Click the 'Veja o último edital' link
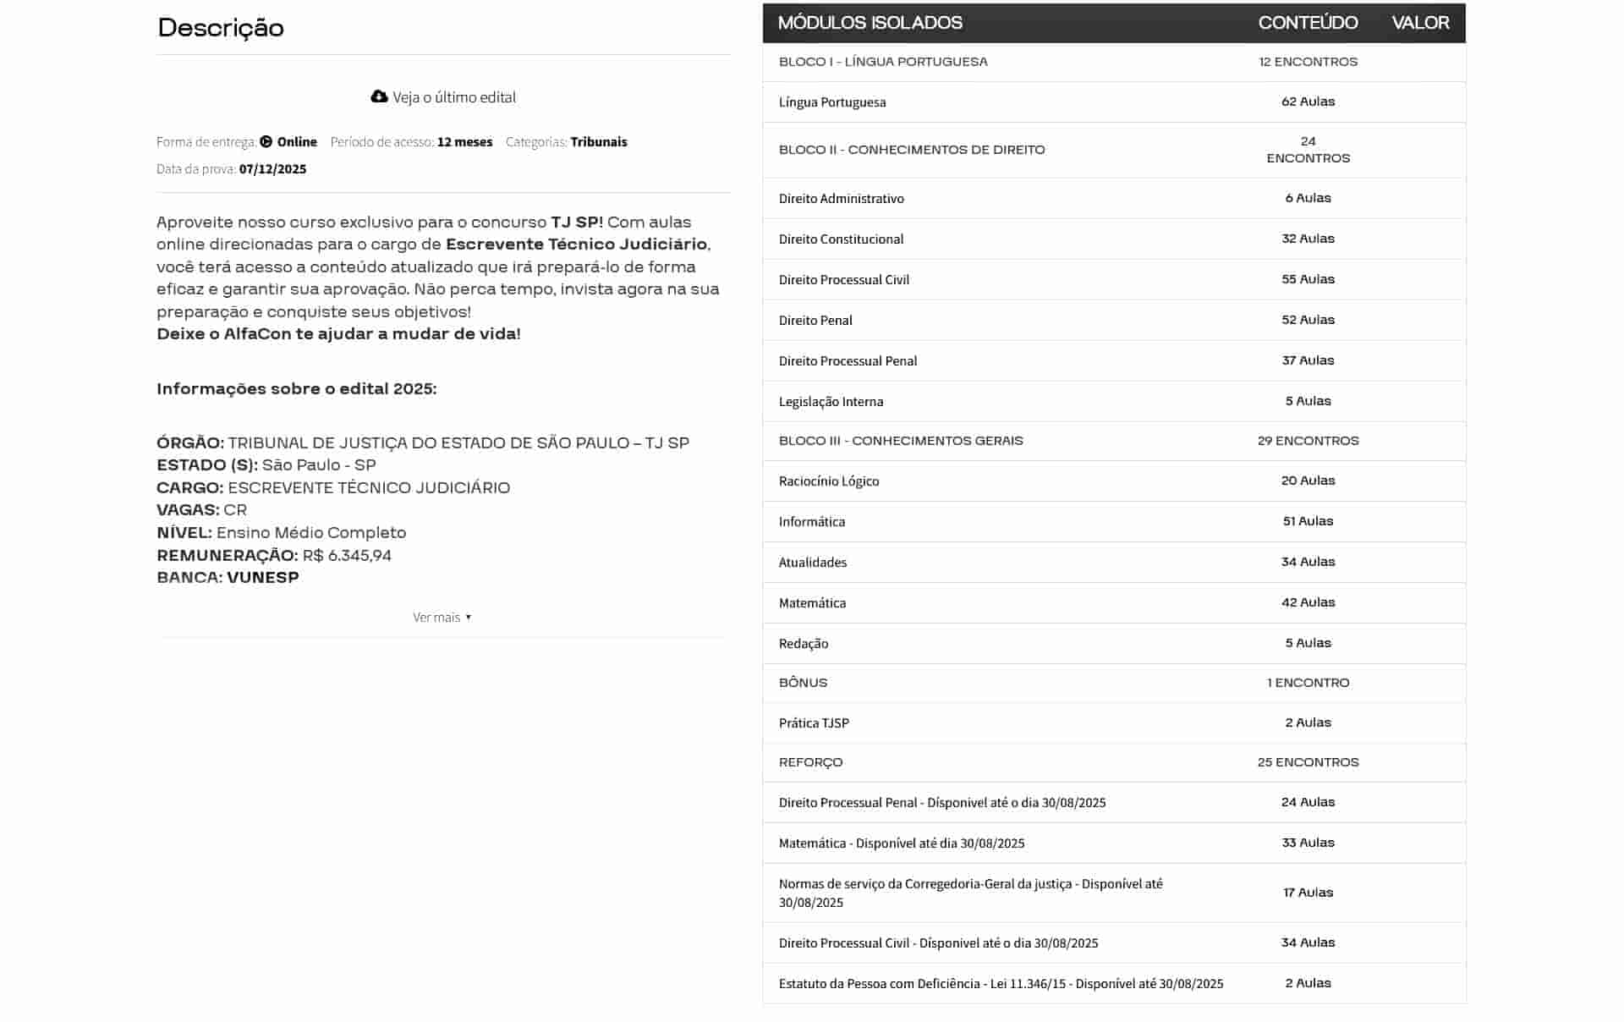point(453,97)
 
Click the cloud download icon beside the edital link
point(379,96)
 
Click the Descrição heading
point(221,28)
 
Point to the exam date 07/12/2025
point(272,169)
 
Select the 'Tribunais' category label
point(598,142)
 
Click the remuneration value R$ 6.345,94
point(347,556)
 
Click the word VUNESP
point(263,578)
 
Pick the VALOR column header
point(1420,23)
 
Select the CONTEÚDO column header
point(1308,23)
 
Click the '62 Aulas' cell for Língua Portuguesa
point(1308,102)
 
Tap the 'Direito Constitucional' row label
point(841,239)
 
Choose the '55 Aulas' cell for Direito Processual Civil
point(1308,279)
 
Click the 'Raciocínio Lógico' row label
point(829,481)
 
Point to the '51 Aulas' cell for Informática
point(1308,521)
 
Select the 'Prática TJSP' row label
point(814,723)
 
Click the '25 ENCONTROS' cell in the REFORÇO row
point(1308,762)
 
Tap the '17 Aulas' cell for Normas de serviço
point(1308,893)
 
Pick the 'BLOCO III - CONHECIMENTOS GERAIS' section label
point(901,441)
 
